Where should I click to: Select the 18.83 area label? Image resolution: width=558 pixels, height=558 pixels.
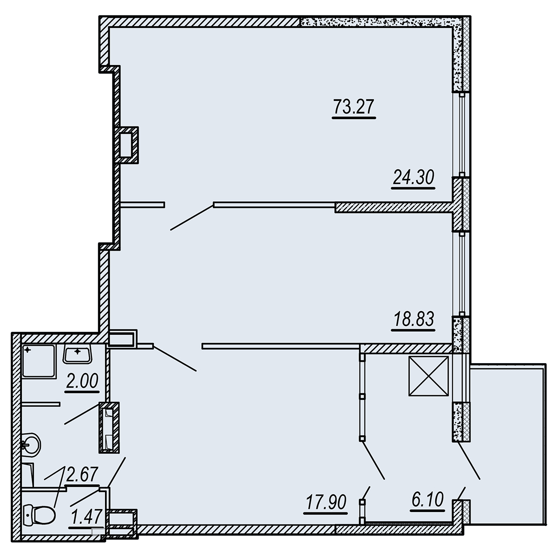pos(413,319)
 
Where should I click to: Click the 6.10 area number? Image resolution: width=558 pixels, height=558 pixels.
pos(428,500)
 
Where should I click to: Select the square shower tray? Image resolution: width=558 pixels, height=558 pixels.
pos(39,361)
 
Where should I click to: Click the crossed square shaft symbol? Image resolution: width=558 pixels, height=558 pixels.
pos(428,376)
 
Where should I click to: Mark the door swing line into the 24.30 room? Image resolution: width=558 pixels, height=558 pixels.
pos(192,217)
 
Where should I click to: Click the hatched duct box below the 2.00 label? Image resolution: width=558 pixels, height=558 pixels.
pos(109,427)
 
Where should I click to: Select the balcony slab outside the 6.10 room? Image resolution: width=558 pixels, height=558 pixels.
pos(507,447)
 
